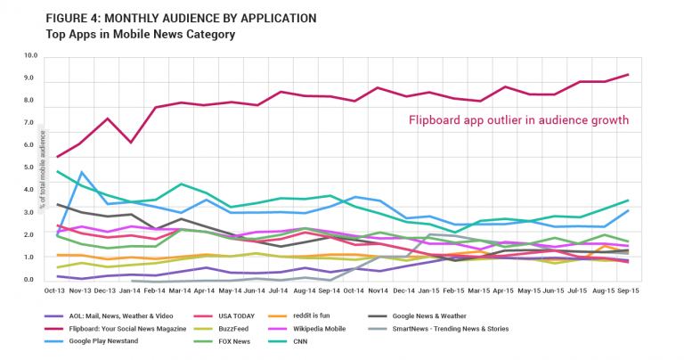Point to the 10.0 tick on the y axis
(x=31, y=55)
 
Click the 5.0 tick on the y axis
(x=31, y=168)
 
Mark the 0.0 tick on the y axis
(x=31, y=280)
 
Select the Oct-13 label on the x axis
(x=56, y=291)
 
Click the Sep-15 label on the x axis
(x=629, y=291)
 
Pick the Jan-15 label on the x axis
(x=429, y=291)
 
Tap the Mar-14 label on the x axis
(x=181, y=291)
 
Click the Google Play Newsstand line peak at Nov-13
(x=82, y=172)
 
